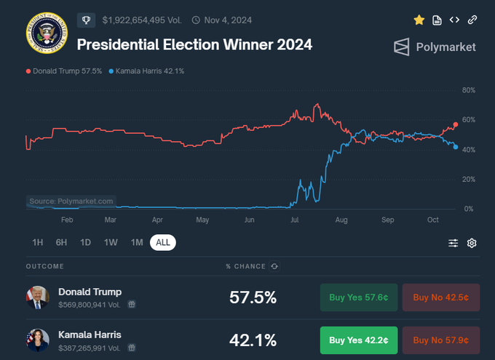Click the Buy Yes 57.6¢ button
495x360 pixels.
(x=359, y=297)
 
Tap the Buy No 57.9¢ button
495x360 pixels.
(x=440, y=340)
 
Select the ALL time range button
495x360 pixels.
(x=163, y=242)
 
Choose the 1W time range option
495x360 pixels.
(x=111, y=242)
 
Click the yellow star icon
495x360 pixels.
(x=419, y=20)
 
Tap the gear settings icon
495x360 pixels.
(x=472, y=243)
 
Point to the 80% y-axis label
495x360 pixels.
(x=469, y=90)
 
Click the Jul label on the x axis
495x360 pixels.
(x=295, y=220)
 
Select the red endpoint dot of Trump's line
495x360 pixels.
(x=456, y=124)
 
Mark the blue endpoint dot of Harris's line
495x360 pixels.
(x=456, y=147)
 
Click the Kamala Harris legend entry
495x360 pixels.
(x=146, y=71)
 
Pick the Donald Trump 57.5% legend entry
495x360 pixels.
(x=64, y=71)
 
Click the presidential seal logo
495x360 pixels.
(x=47, y=33)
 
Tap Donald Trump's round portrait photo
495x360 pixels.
(x=38, y=297)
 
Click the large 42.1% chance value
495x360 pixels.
(x=253, y=340)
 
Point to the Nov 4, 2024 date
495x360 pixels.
(x=228, y=20)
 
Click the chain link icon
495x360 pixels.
(x=472, y=20)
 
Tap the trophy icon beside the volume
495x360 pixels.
(x=86, y=20)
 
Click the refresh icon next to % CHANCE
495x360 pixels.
(x=274, y=266)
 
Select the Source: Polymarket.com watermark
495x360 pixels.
(x=71, y=201)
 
